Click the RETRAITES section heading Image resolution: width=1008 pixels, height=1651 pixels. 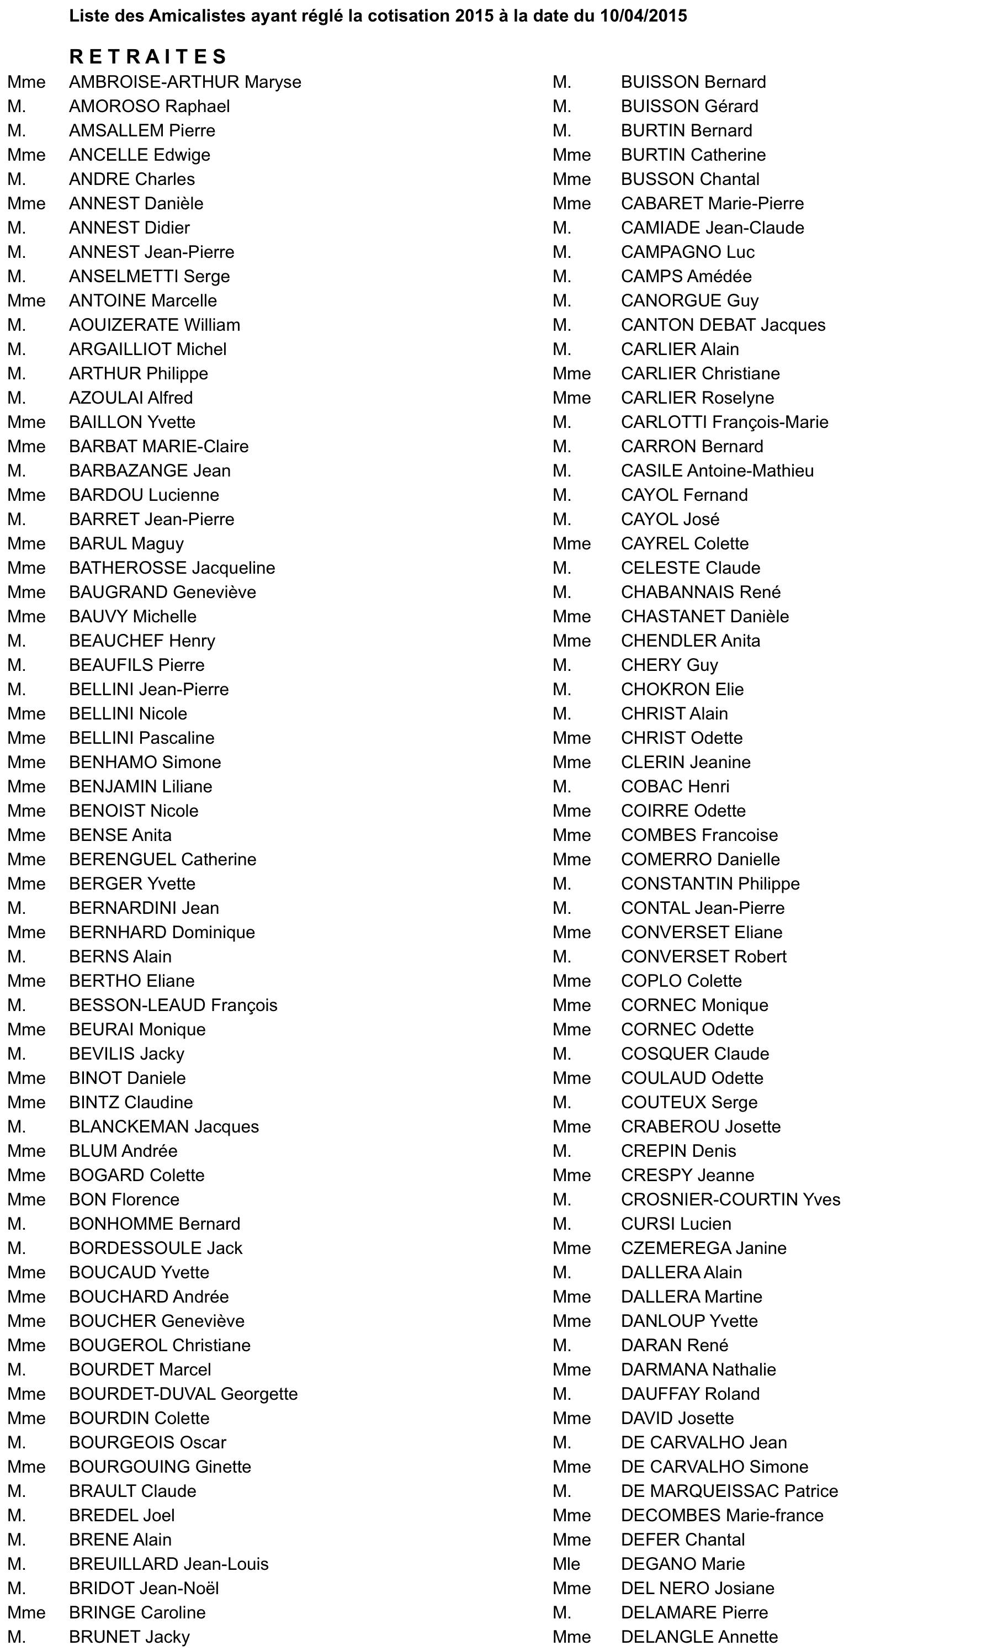(x=148, y=56)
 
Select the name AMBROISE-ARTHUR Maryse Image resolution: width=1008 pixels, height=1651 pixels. (x=185, y=82)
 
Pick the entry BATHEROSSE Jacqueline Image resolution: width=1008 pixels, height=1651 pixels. (x=172, y=568)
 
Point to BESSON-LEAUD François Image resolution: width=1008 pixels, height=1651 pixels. (x=173, y=1005)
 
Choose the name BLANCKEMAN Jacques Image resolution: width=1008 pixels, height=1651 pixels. (x=163, y=1126)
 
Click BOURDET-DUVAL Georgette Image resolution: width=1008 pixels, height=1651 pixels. (x=183, y=1394)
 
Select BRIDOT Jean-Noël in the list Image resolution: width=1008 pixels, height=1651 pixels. (x=144, y=1588)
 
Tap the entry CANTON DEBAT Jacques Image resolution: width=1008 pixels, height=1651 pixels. (x=723, y=325)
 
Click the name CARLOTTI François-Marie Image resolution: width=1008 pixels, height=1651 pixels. (x=724, y=422)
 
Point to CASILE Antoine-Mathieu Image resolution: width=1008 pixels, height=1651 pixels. (x=717, y=471)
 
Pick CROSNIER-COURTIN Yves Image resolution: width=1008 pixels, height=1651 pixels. (x=730, y=1199)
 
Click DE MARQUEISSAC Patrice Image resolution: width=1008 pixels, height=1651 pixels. (x=729, y=1491)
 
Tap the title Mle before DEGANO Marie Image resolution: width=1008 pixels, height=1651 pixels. (x=566, y=1564)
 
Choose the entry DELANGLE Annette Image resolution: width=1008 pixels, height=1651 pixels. (x=698, y=1637)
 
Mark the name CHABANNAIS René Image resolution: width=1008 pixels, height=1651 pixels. (x=700, y=592)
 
